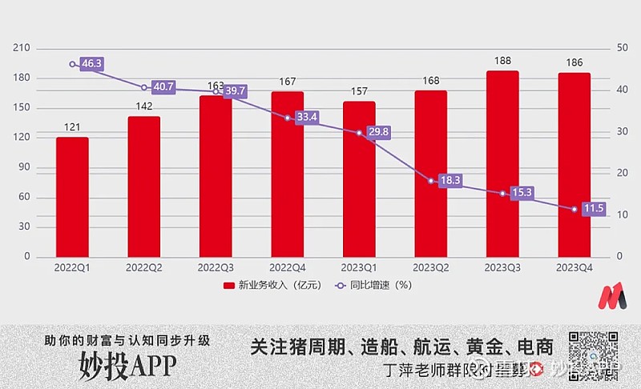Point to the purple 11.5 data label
click(594, 209)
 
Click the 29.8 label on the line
click(378, 132)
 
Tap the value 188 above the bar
click(502, 61)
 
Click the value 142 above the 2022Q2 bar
click(143, 107)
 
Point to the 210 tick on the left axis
click(22, 48)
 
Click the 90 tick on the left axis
click(25, 167)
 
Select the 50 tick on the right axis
click(622, 48)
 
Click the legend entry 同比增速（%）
click(373, 286)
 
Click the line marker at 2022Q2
click(144, 87)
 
